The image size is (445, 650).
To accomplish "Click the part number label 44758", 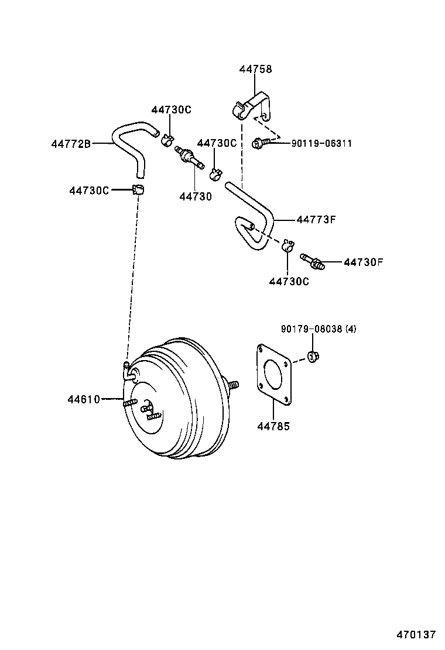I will tap(255, 69).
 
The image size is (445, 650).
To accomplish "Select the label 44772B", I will tap(70, 143).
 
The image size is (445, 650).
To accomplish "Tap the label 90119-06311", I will tap(321, 143).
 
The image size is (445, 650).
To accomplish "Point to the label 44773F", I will tap(316, 220).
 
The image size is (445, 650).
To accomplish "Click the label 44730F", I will tap(363, 262).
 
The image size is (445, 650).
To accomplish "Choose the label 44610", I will tap(84, 400).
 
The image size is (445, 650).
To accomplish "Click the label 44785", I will tap(273, 426).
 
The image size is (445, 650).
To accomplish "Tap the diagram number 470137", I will tap(416, 634).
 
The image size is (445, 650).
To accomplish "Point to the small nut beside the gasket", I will tap(312, 356).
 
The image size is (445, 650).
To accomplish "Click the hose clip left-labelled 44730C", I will tap(139, 189).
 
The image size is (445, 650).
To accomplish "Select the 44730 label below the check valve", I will tap(195, 197).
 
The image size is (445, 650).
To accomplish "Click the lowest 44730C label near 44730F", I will tap(289, 281).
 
